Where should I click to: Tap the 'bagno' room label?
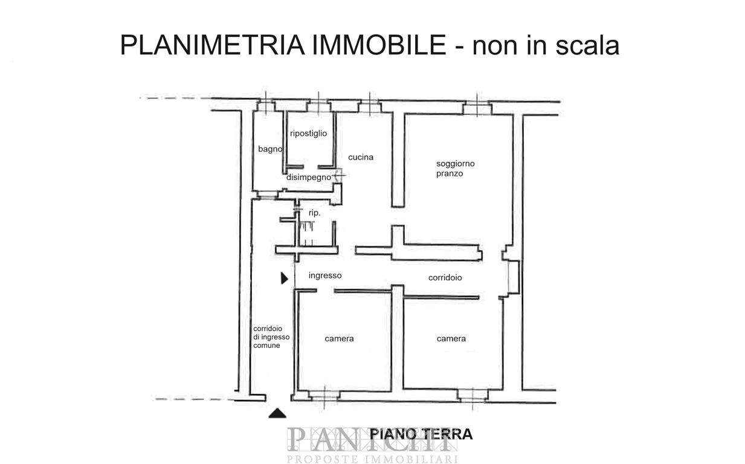(270, 149)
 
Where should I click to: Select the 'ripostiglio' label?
(308, 133)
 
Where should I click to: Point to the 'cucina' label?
(361, 157)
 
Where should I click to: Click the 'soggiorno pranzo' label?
(456, 169)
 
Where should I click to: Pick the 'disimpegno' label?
(308, 177)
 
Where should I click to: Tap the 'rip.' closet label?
(314, 213)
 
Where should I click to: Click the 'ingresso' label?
(325, 275)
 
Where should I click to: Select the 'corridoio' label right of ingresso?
(445, 277)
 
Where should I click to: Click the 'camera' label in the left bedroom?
(339, 339)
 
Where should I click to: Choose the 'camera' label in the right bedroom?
(451, 339)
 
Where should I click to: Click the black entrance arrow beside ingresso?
(285, 278)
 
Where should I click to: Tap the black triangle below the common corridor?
(277, 414)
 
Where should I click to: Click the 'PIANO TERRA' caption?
(421, 434)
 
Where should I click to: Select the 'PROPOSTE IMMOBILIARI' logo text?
(372, 459)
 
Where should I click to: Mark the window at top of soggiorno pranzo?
(477, 108)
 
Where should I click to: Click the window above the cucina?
(369, 107)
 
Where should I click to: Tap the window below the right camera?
(472, 396)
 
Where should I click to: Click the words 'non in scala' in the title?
(546, 45)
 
